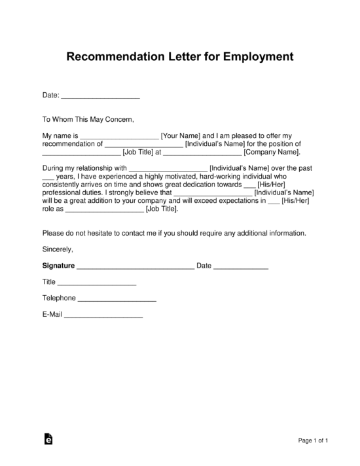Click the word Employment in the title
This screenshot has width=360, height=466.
click(x=260, y=57)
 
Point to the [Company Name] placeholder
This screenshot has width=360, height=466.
click(x=272, y=152)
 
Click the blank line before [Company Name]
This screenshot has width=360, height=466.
click(x=202, y=153)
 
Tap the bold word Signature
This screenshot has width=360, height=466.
click(x=58, y=266)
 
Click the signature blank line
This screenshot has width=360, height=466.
click(x=135, y=267)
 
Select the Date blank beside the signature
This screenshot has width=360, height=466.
click(x=241, y=267)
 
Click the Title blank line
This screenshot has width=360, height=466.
click(x=97, y=283)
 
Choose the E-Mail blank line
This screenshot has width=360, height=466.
click(x=103, y=315)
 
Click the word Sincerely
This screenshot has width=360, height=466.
click(x=58, y=249)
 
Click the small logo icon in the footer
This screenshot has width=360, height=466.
click(x=48, y=440)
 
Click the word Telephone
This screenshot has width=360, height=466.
click(x=59, y=298)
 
